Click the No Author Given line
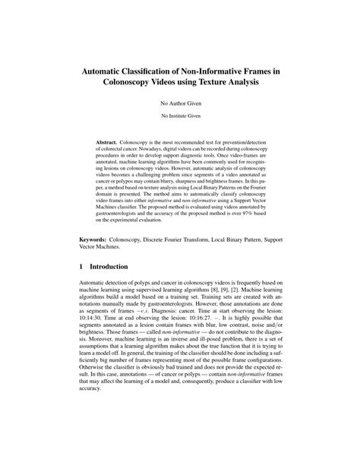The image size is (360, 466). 179,101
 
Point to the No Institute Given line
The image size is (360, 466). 179,116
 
